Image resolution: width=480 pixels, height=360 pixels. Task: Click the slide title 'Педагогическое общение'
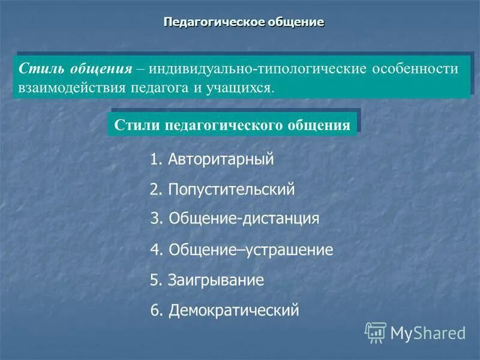click(244, 22)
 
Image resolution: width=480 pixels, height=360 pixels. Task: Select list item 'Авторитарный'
click(221, 160)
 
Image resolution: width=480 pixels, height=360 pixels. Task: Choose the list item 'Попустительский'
click(231, 190)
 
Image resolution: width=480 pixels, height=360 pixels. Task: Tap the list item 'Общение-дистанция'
click(244, 218)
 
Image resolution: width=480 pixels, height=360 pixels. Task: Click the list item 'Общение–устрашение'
click(251, 250)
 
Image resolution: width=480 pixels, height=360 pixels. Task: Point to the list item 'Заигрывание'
click(215, 280)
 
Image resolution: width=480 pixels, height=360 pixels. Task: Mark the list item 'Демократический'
click(233, 310)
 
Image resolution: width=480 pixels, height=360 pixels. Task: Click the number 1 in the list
click(154, 160)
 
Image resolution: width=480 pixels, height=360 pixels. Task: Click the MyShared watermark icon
click(376, 332)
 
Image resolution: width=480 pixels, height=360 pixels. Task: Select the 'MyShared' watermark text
click(428, 332)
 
